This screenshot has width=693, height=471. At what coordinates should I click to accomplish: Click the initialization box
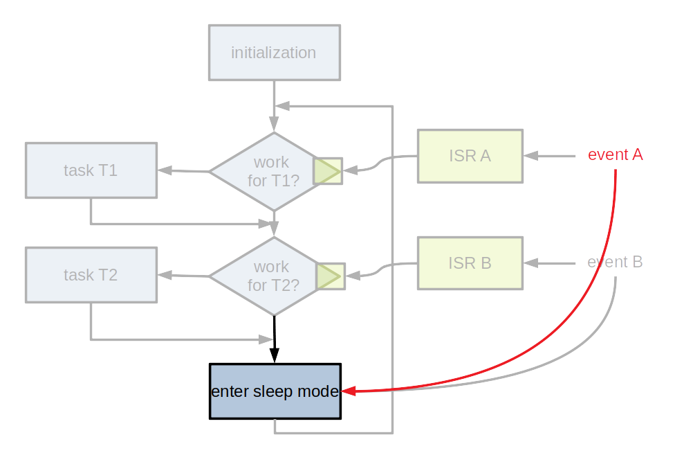pos(275,53)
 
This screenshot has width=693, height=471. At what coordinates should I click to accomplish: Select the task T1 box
pos(91,170)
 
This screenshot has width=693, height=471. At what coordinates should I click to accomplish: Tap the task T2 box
pos(91,275)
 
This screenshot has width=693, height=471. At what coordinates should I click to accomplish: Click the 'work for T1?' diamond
pos(266,172)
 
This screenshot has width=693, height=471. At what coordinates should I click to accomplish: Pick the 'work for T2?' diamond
pos(266,276)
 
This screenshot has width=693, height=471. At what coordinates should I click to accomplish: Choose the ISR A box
pos(470,156)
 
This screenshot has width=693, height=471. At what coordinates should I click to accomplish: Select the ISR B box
pos(470,263)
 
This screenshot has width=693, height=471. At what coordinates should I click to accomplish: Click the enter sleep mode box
pos(275,391)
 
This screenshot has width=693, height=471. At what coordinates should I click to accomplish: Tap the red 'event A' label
pos(615,155)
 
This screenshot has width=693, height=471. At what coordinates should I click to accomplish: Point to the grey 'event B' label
pos(615,263)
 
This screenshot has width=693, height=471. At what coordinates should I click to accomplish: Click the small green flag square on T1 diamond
pos(328,171)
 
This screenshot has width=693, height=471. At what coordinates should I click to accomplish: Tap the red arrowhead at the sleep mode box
pos(349,391)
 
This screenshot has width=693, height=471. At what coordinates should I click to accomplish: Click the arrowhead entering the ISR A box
pos(530,156)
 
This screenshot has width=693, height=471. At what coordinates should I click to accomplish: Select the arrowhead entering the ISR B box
pos(530,263)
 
